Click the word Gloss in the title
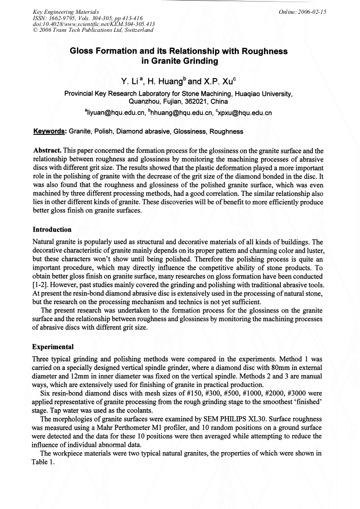pos(84,51)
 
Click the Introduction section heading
pos(52,230)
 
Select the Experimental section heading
pos(53,344)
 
